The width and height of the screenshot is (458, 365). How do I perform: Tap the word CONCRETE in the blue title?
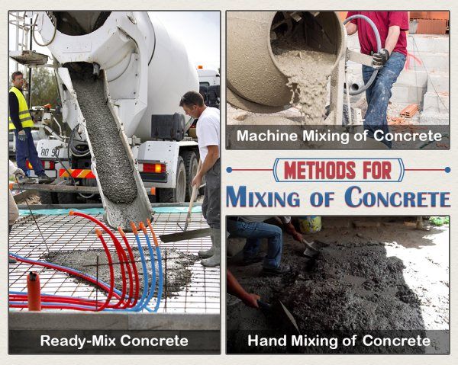tap(398, 197)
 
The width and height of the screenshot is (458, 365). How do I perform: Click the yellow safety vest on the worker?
tap(21, 109)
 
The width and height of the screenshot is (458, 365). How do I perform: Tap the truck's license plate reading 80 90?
tap(50, 152)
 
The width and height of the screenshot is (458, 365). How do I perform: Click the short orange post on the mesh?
tap(34, 290)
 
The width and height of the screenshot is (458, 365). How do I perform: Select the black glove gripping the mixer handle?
tap(379, 57)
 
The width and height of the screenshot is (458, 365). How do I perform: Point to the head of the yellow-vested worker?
tap(17, 78)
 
